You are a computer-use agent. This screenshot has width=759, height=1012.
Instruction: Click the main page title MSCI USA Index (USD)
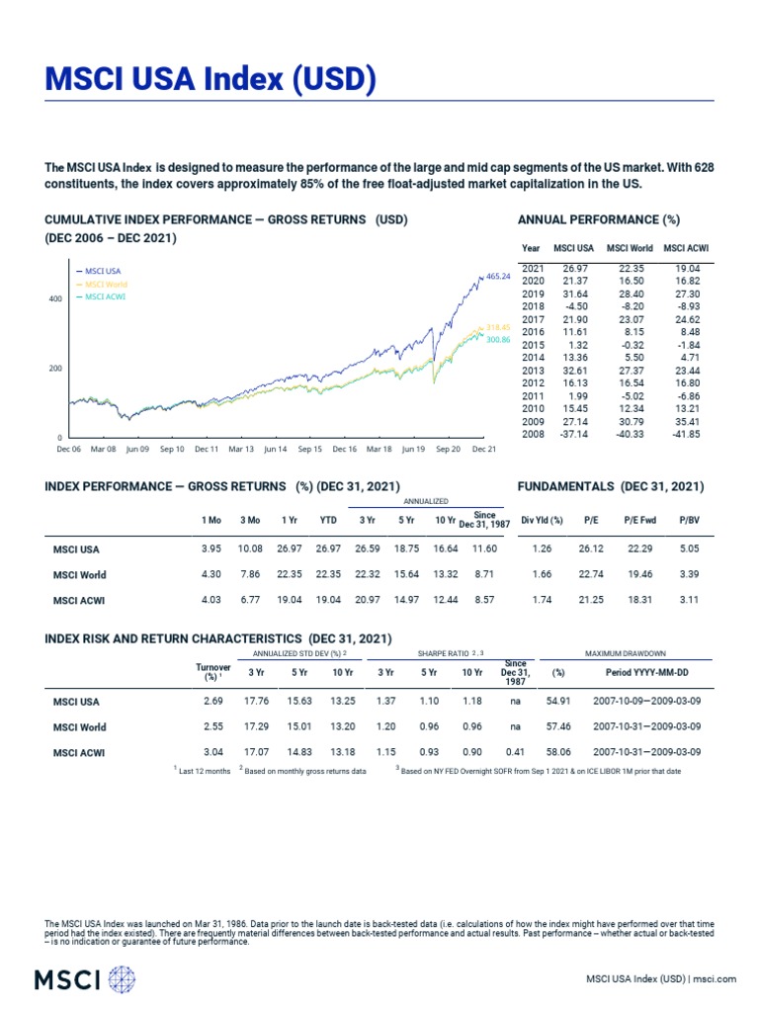pos(211,78)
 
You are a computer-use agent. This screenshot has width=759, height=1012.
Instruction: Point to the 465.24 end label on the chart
pos(498,277)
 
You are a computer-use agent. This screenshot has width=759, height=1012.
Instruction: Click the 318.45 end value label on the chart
pos(498,327)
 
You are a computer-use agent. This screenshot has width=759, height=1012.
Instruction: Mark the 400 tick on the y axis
pos(55,298)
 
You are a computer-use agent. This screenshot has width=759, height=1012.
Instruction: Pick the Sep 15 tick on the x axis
pos(309,449)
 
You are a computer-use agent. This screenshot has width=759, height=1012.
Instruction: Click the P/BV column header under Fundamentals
pos(688,520)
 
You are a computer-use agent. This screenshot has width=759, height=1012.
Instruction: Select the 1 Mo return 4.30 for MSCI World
pos(211,574)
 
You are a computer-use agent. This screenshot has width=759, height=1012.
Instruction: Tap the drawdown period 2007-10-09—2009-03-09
pos(648,702)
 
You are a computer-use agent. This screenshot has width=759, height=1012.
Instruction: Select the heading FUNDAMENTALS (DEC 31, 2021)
pos(611,486)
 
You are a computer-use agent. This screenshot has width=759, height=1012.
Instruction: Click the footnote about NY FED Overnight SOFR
pos(540,770)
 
